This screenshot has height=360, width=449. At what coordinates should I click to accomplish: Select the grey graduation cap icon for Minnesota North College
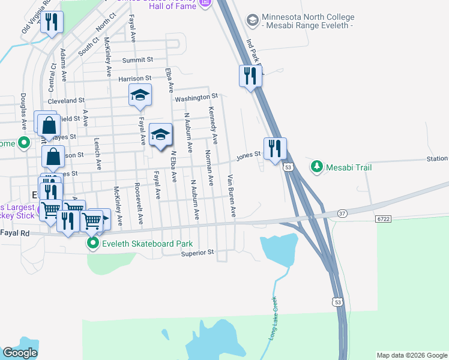(x=253, y=21)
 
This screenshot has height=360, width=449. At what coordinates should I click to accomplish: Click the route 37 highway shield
(x=342, y=214)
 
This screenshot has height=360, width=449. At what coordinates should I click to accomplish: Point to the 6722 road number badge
(x=384, y=220)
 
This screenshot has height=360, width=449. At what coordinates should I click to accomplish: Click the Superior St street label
(x=197, y=253)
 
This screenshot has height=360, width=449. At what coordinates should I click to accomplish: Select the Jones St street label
(x=248, y=155)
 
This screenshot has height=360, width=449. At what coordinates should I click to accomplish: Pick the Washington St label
(x=196, y=97)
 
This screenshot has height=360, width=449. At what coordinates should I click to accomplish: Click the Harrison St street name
(x=134, y=79)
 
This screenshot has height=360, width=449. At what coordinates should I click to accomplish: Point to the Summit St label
(x=138, y=60)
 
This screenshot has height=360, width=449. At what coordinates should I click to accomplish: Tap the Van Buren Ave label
(x=232, y=196)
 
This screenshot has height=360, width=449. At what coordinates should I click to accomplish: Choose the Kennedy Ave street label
(x=212, y=125)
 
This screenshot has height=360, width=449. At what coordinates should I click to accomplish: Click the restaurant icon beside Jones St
(x=275, y=148)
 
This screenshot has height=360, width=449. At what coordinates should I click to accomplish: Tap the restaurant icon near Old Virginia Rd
(x=52, y=22)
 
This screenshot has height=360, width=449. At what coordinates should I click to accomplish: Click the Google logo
(x=20, y=353)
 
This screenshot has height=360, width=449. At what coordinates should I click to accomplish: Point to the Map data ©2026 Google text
(x=412, y=355)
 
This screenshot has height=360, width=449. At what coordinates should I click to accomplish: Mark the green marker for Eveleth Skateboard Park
(x=92, y=244)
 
